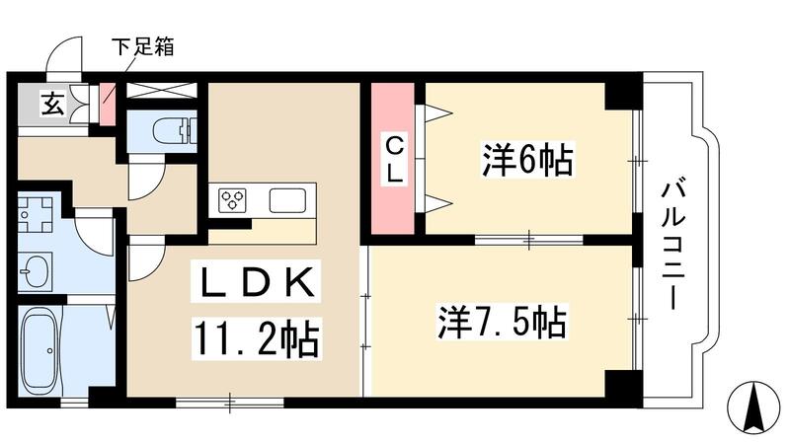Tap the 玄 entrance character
point(50,103)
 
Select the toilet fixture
point(179,131)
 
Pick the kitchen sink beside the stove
point(289,200)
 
